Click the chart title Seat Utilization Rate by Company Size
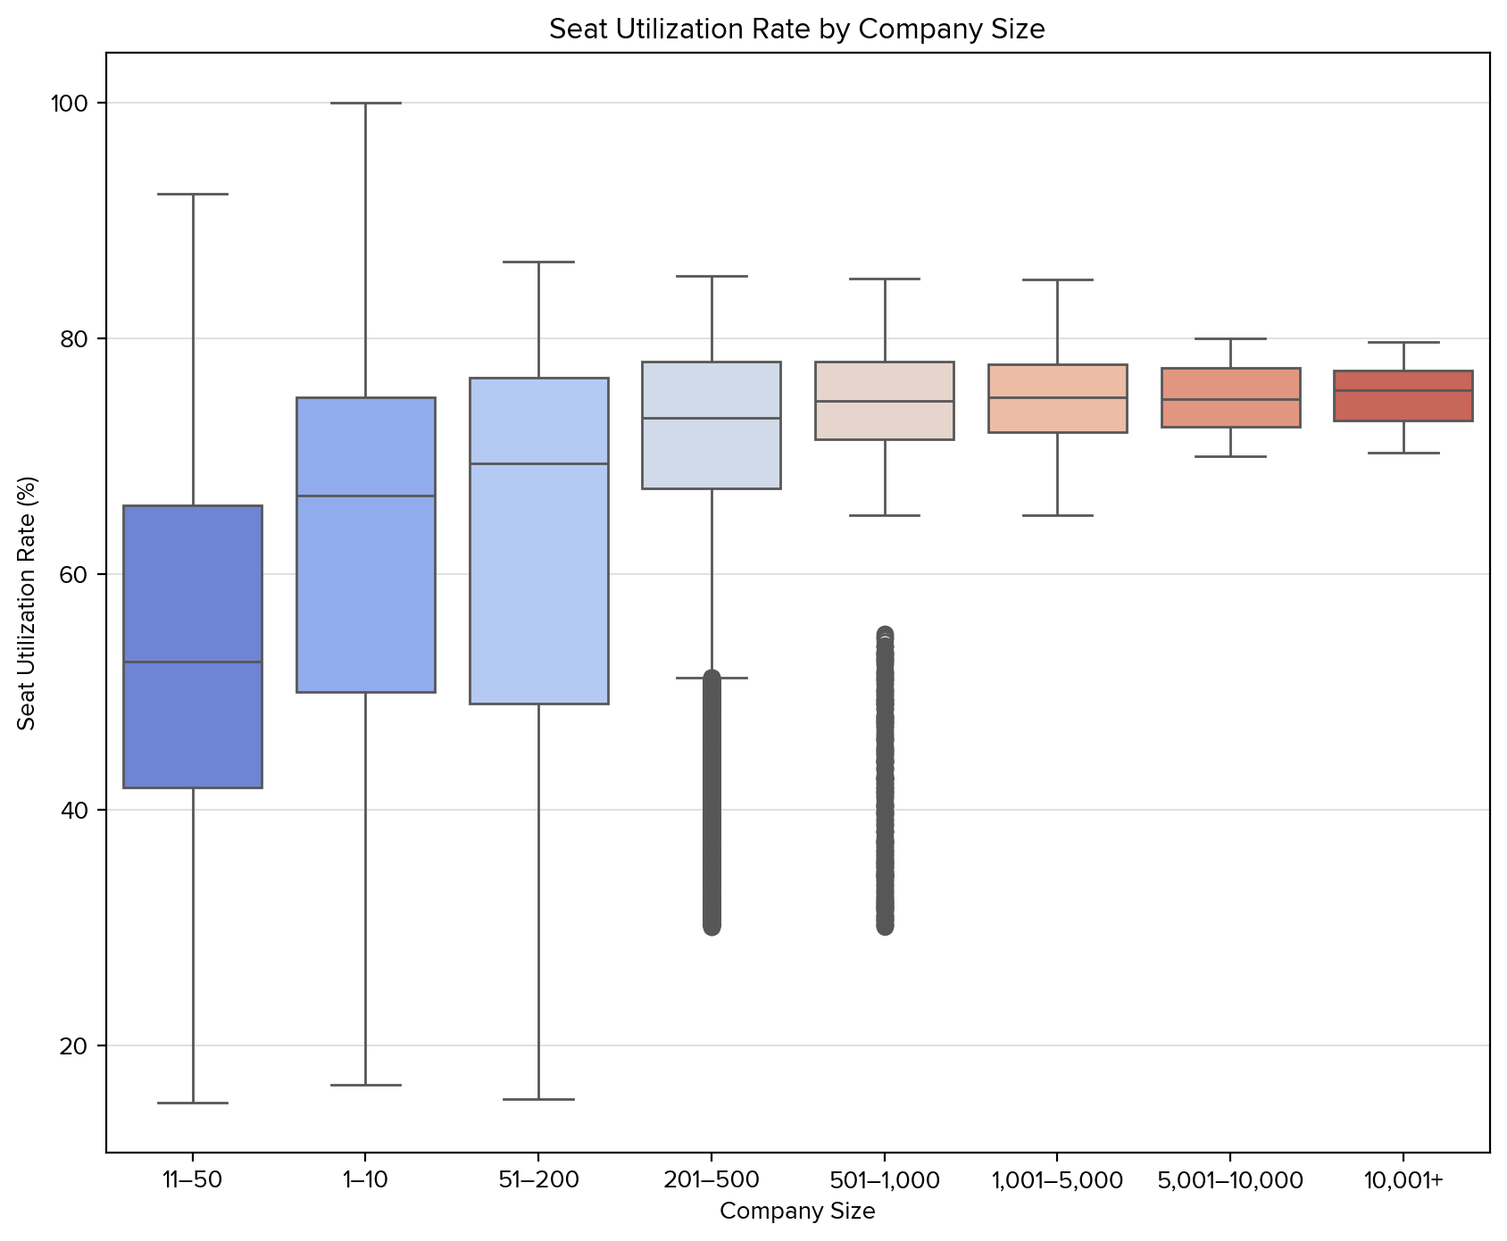[796, 29]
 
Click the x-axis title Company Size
[796, 1212]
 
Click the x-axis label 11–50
[192, 1180]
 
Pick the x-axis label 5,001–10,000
[1230, 1180]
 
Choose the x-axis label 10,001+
[1403, 1180]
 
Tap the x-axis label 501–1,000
[884, 1180]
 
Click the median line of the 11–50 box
[192, 662]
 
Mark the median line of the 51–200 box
[538, 463]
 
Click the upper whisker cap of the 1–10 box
[365, 104]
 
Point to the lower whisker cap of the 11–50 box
[192, 1103]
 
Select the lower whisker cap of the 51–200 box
[538, 1099]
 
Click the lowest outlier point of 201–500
[712, 927]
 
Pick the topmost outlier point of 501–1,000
[885, 635]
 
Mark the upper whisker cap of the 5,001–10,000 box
[1230, 339]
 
